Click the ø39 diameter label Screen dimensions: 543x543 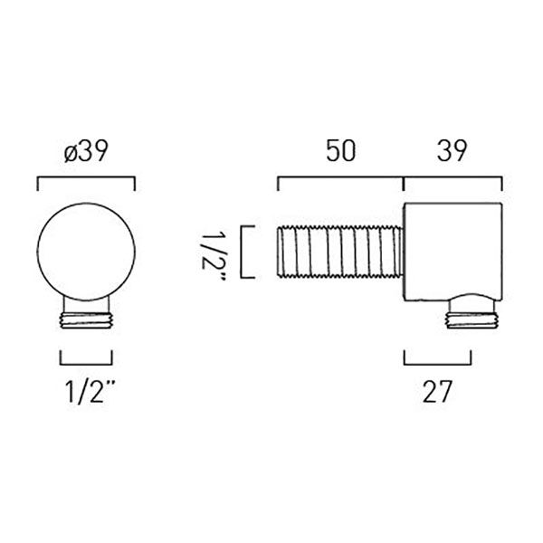pos(86,151)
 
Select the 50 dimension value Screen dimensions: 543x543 pos(341,151)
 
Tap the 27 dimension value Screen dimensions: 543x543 pos(437,392)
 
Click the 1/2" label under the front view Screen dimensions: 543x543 pos(90,392)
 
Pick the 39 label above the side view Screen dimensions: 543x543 pos(452,151)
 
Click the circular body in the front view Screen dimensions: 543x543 pos(86,252)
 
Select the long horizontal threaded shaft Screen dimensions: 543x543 pos(340,252)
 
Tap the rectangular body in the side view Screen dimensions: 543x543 pos(453,252)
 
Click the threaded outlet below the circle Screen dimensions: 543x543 pos(86,320)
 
